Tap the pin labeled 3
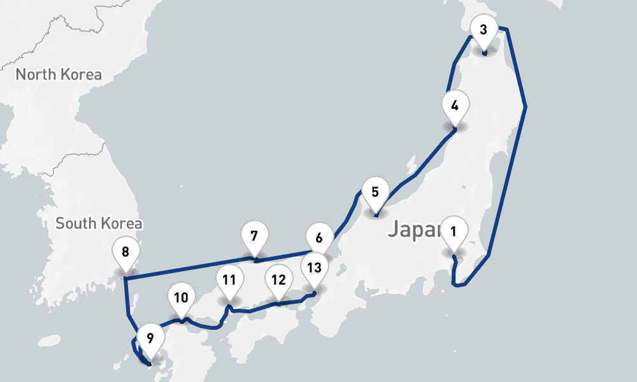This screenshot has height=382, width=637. coord(483,30)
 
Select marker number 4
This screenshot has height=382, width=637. coord(454,106)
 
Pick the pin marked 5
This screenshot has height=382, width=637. coord(375,192)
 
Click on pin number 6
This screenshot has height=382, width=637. coord(319,239)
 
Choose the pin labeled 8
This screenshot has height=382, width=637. coord(125,252)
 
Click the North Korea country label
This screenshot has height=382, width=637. coord(59,74)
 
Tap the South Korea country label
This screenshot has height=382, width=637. coord(99,223)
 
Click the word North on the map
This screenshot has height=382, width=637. coord(35,74)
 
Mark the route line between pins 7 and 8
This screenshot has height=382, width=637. coord(191,269)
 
